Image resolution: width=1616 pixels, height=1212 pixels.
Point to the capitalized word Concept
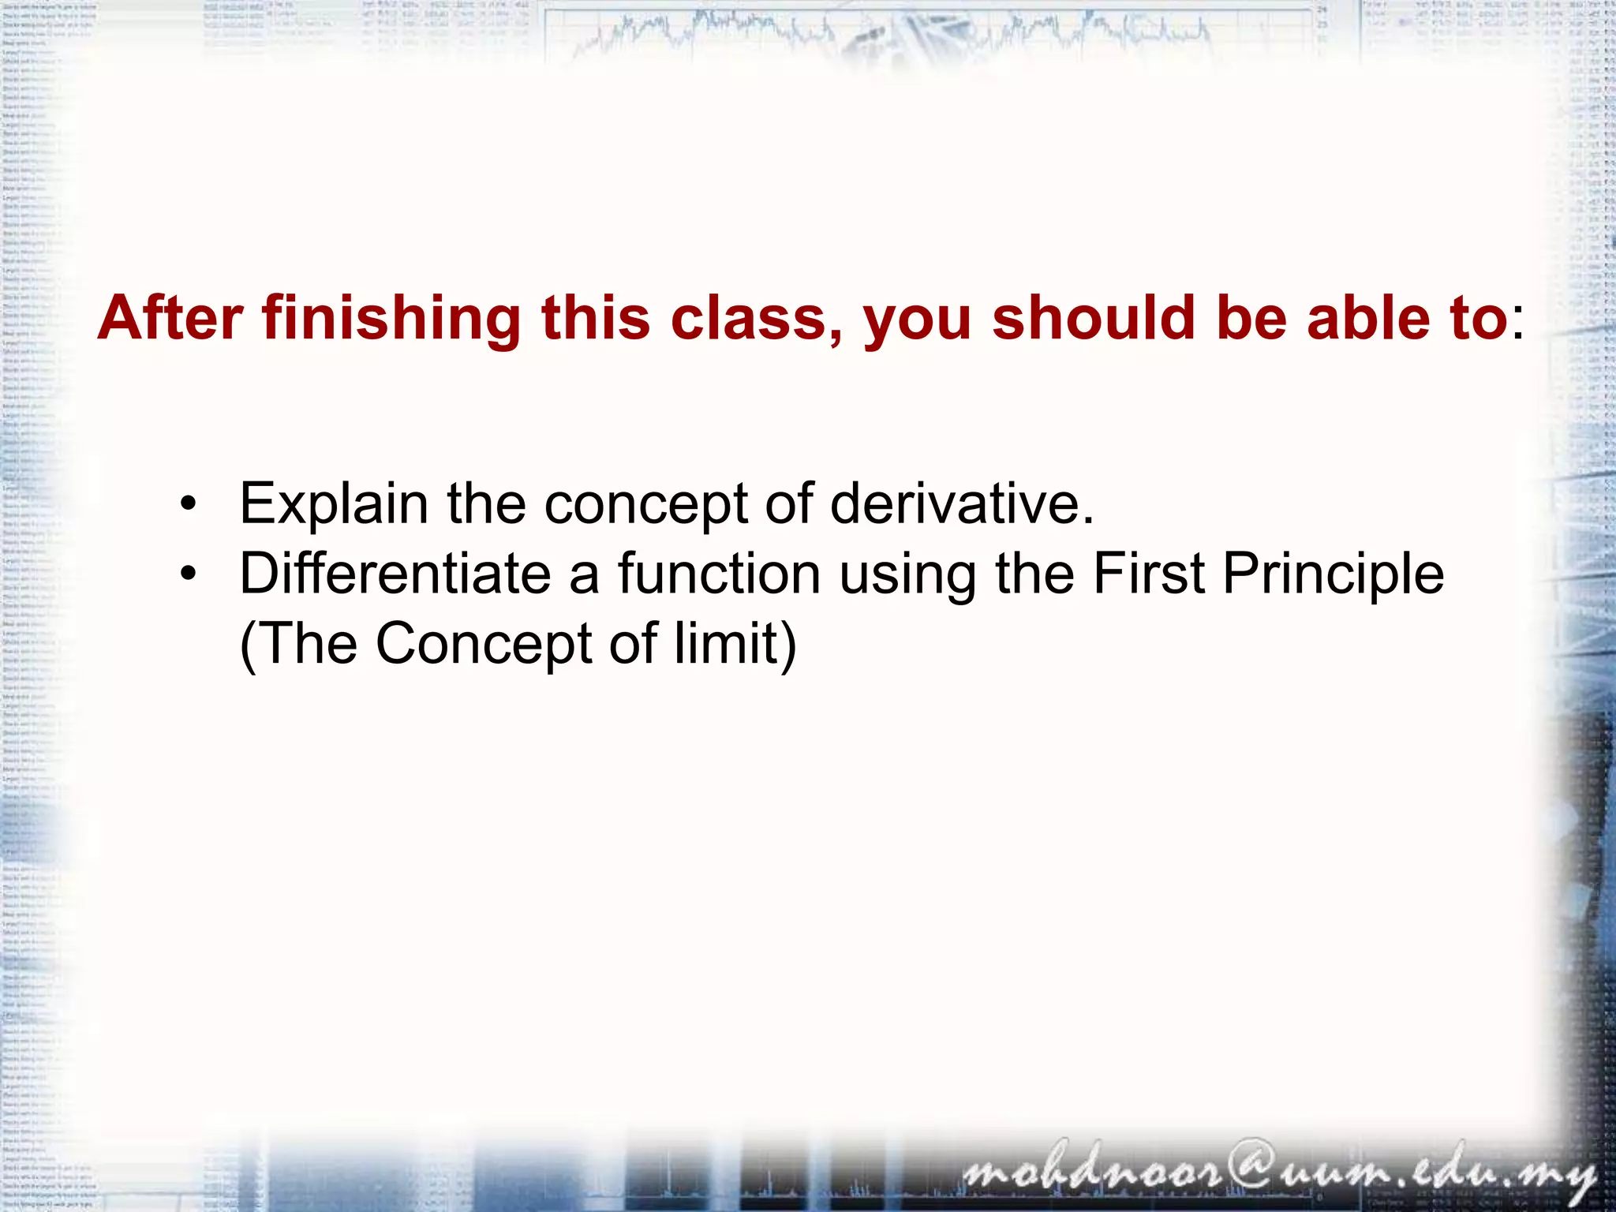tap(484, 643)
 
